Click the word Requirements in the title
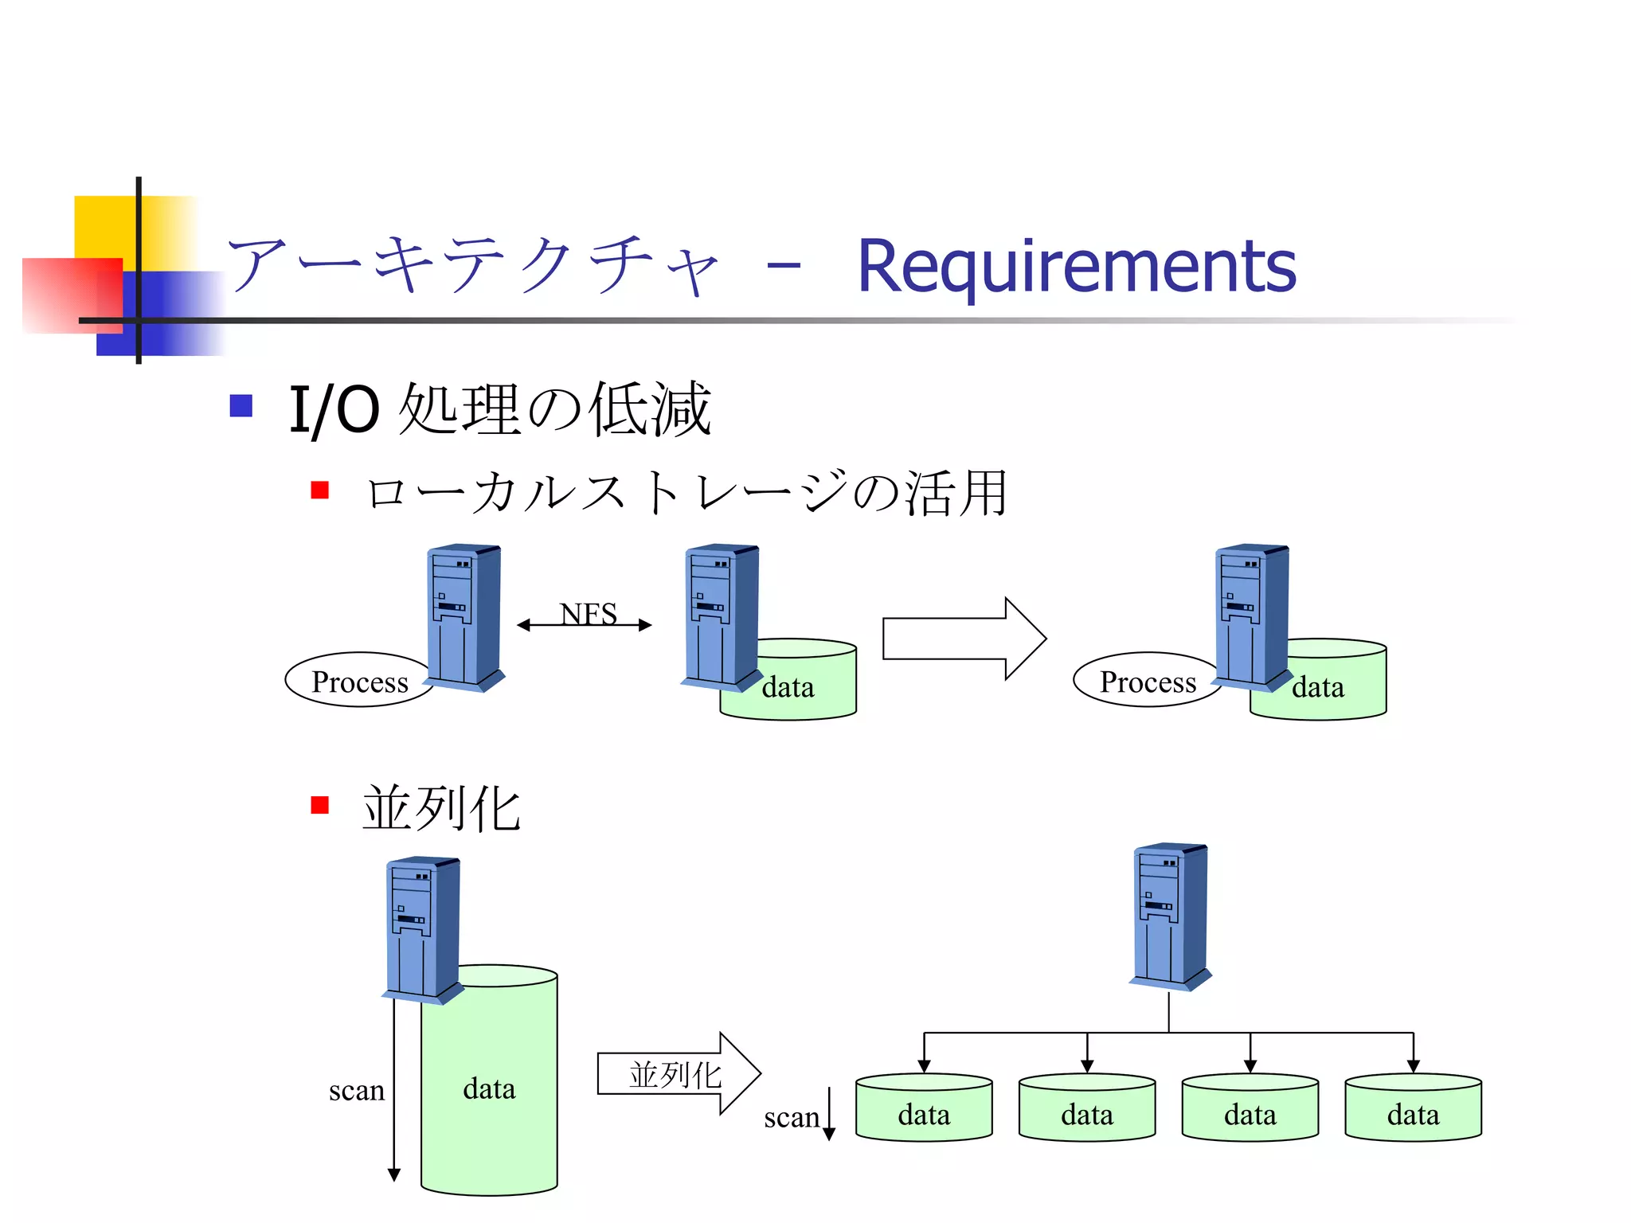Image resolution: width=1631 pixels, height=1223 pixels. tap(1077, 268)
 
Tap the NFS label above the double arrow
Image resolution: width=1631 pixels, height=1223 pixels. tap(589, 613)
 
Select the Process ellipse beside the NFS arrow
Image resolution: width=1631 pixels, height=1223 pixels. tap(358, 682)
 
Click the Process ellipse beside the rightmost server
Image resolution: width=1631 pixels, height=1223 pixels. tap(1147, 682)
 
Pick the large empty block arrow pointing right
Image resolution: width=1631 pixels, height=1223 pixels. tap(964, 639)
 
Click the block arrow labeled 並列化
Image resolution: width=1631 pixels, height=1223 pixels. tap(677, 1073)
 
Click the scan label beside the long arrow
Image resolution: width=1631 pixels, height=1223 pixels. tap(356, 1090)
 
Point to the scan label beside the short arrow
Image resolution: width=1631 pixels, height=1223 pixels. tap(791, 1117)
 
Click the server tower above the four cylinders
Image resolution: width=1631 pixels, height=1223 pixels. tap(1169, 916)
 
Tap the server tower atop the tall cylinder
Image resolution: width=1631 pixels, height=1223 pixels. tap(422, 928)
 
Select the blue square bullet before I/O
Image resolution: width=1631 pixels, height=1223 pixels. tap(241, 406)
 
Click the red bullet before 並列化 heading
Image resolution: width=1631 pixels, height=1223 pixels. tap(320, 805)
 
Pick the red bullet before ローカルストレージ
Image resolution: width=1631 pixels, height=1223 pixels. tap(320, 490)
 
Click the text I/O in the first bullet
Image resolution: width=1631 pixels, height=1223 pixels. tap(334, 410)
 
